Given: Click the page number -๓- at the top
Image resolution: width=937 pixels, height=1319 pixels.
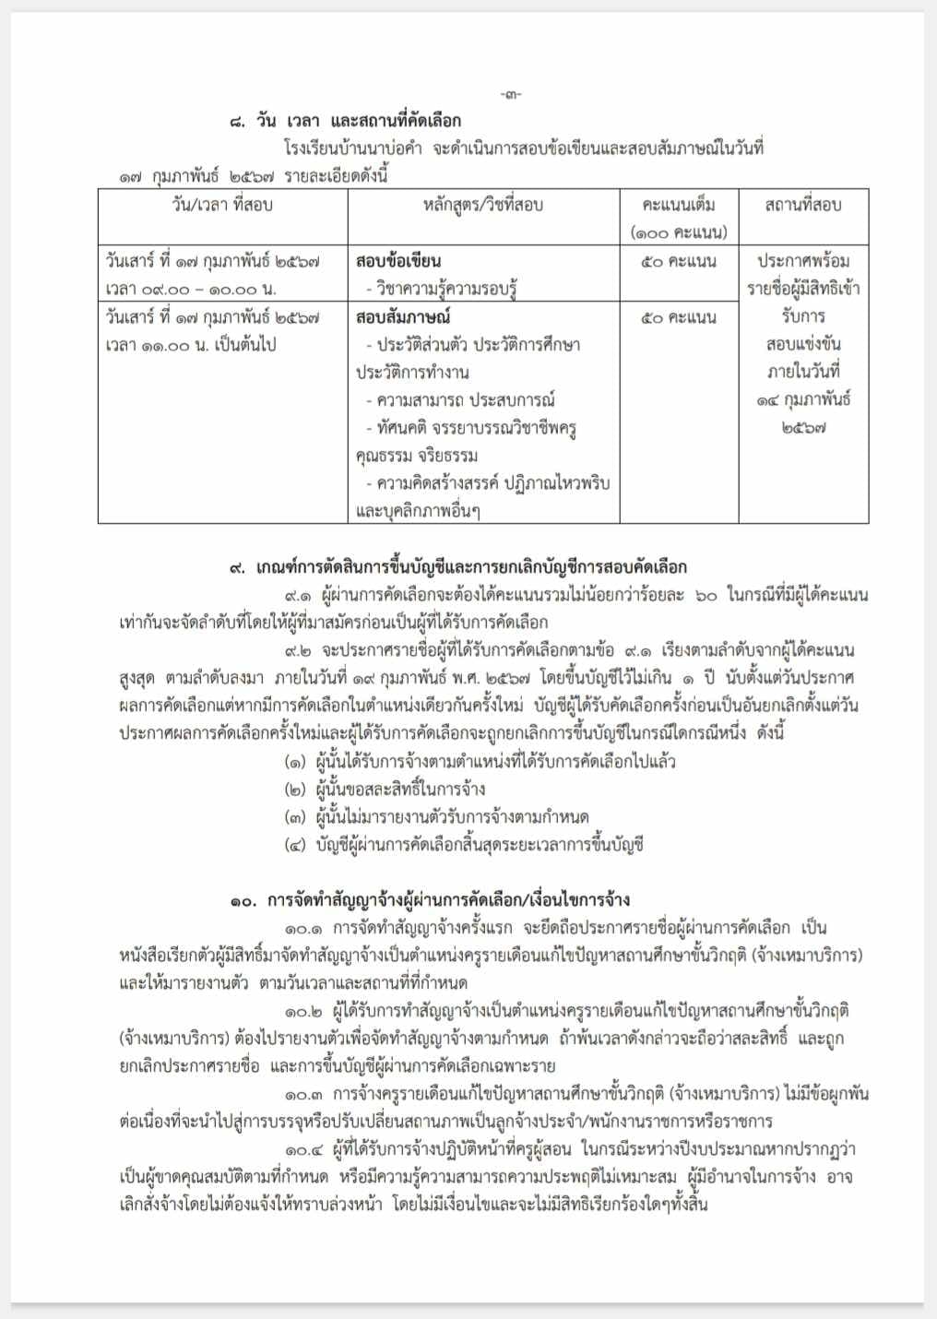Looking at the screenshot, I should [x=510, y=94].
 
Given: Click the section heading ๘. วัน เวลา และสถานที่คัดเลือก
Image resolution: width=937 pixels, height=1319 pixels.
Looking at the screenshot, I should [x=345, y=121].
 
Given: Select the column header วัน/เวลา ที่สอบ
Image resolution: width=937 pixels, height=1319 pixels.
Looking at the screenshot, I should [x=222, y=205].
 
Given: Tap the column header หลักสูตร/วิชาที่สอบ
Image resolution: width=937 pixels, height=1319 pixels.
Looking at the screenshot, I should [x=482, y=205].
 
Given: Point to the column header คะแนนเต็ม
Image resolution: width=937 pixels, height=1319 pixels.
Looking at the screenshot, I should [x=679, y=205].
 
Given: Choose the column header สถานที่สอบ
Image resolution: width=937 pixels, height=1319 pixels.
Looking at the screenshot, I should [x=802, y=205].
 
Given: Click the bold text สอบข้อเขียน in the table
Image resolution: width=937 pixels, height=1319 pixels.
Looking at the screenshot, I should [x=397, y=261].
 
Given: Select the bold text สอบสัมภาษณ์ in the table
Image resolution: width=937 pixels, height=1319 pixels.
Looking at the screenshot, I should [x=403, y=317].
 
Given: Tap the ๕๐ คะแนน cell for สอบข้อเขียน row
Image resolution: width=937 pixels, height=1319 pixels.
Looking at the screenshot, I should [x=679, y=261].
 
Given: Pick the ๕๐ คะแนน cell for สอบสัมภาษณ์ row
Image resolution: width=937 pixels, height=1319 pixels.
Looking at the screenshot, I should [x=679, y=317].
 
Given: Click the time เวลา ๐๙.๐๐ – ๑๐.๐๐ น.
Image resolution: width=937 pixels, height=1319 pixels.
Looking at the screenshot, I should [x=190, y=290].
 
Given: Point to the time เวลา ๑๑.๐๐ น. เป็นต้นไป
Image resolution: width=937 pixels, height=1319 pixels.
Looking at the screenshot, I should [x=190, y=345].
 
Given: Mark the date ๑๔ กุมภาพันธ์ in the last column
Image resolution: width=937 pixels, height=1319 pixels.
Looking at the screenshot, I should [x=802, y=400].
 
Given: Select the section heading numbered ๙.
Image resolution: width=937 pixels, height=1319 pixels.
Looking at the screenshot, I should [x=457, y=567].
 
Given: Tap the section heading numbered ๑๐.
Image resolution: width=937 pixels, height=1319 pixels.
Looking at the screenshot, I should [x=430, y=899].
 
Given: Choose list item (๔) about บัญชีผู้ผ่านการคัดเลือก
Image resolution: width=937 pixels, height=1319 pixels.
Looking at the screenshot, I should [x=464, y=845].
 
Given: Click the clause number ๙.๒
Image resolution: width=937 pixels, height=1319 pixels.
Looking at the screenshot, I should [x=303, y=650].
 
